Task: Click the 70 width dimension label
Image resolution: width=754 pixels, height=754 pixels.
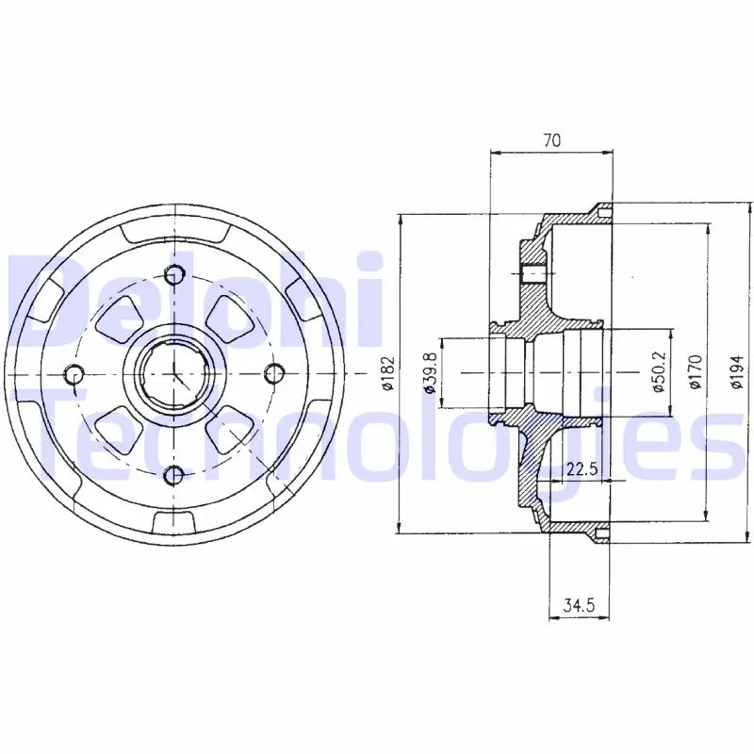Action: pyautogui.click(x=552, y=140)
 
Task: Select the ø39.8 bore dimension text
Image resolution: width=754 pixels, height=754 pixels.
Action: pyautogui.click(x=430, y=373)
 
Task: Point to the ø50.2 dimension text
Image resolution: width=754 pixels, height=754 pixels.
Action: pyautogui.click(x=659, y=370)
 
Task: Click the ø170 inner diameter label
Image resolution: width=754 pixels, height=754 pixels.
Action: pyautogui.click(x=696, y=371)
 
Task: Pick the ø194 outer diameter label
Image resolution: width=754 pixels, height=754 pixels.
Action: pyautogui.click(x=736, y=371)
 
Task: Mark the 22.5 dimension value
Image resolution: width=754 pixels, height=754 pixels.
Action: pyautogui.click(x=582, y=467)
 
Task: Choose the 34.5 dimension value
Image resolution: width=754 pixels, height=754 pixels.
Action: pyautogui.click(x=579, y=605)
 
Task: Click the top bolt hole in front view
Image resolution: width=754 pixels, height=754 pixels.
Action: pyautogui.click(x=174, y=274)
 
